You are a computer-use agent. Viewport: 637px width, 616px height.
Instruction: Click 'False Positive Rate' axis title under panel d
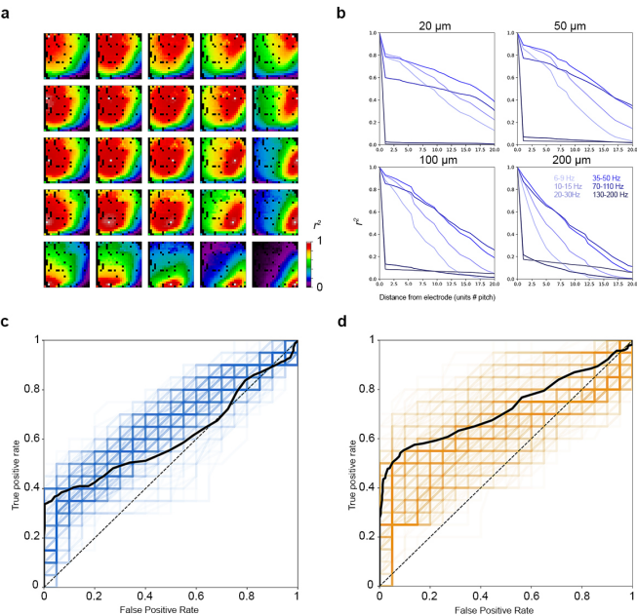[503, 609]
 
